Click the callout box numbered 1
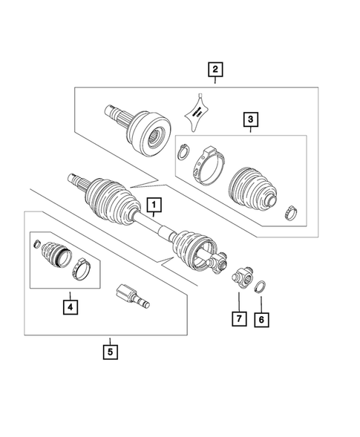pos(154,204)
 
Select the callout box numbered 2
pos(215,70)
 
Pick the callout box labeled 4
pos(69,305)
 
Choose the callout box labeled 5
pos(110,351)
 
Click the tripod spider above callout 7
pos(242,278)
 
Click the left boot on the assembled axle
pos(110,201)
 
